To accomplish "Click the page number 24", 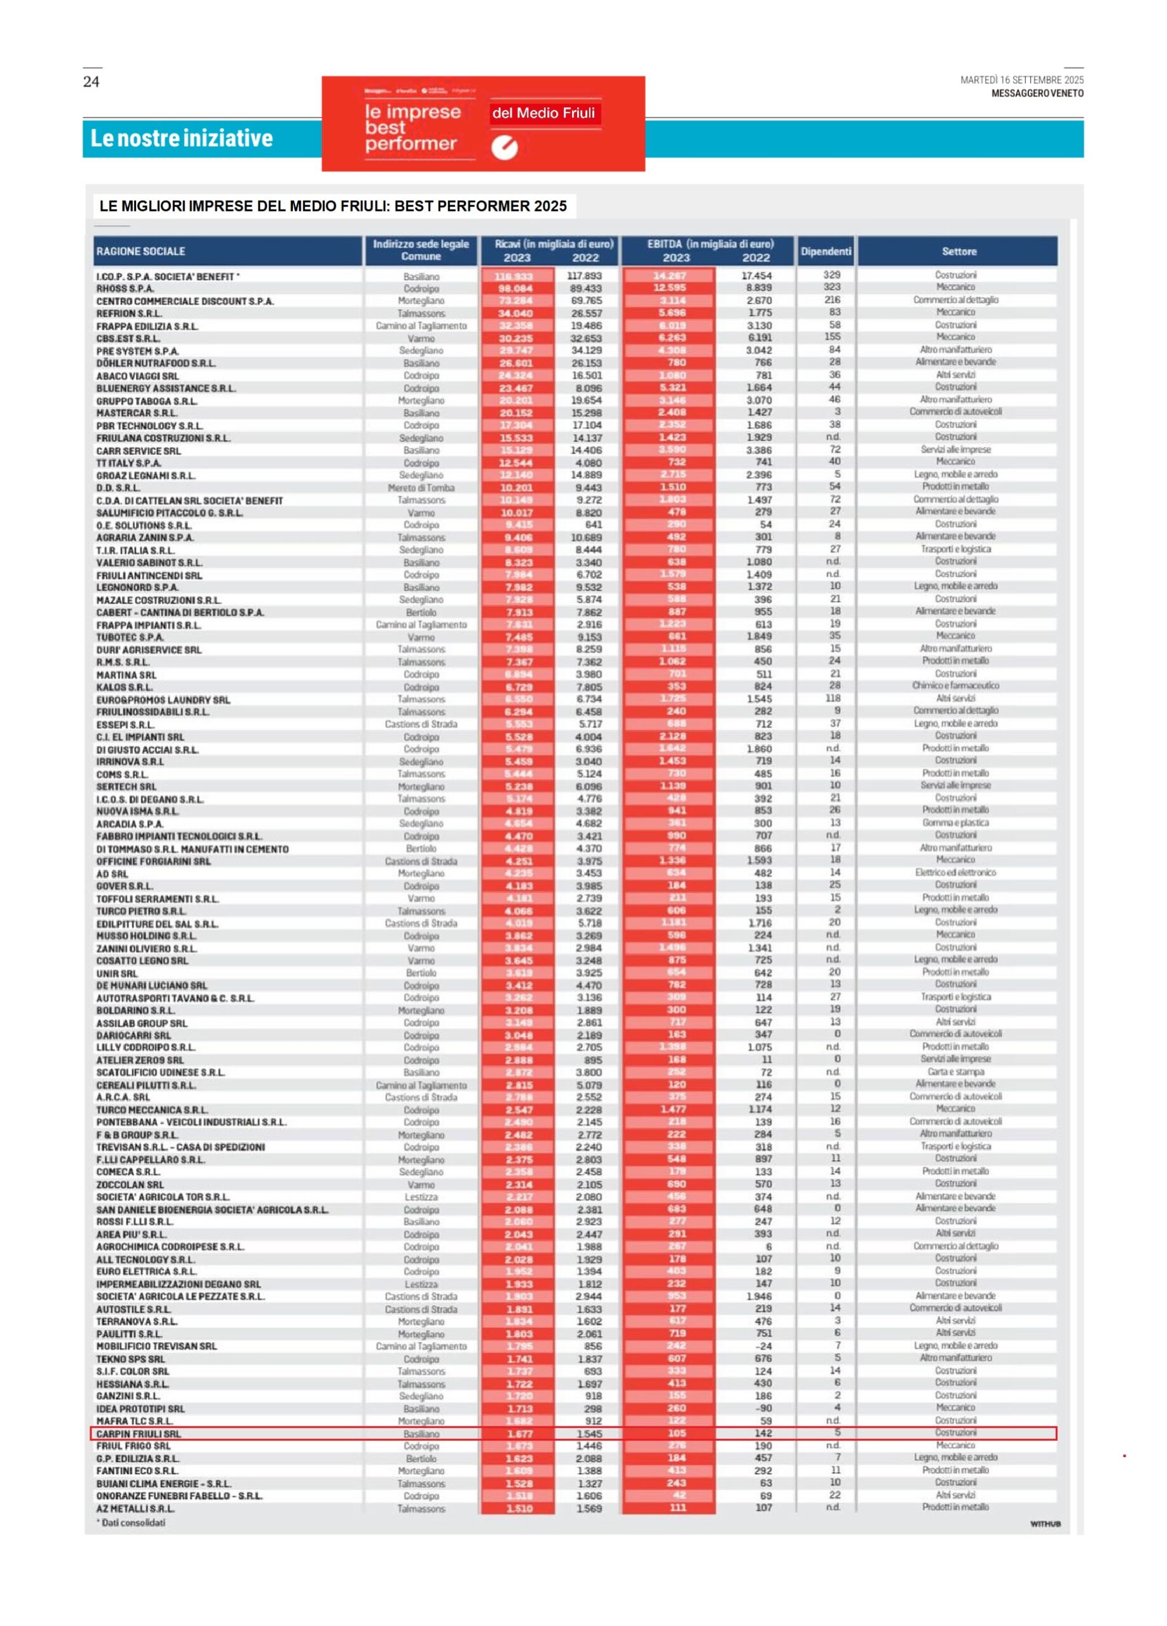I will [91, 82].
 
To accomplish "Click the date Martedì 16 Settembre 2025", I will [1021, 80].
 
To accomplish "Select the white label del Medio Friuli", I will [543, 113].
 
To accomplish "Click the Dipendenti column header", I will [826, 251].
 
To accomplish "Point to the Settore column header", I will [959, 252].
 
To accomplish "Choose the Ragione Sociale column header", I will [140, 252].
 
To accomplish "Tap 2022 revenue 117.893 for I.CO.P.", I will [584, 276].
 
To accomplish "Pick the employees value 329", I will [831, 274].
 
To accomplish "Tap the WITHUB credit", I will [1045, 1524].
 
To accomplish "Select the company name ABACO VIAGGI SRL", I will [138, 375].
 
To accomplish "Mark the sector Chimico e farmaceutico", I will [955, 685].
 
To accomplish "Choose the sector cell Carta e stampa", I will [955, 1072].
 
